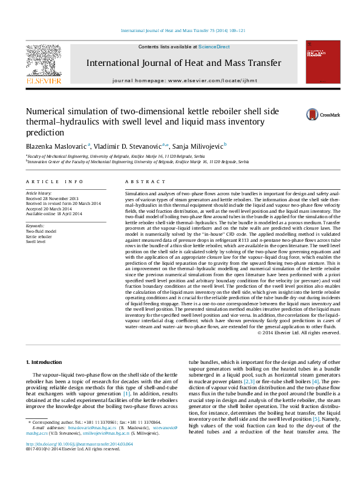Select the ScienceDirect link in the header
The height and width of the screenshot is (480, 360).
214,47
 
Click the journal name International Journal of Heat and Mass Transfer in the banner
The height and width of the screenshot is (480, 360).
183,63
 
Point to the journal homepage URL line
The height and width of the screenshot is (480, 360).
185,80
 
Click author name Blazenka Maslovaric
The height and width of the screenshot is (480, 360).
56,146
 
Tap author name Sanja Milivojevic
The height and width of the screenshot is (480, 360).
197,146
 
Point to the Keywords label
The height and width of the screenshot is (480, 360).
36,225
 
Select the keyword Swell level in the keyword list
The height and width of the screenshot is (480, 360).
36,241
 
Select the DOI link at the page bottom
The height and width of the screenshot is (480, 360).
79,460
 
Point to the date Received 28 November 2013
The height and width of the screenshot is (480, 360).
52,198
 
